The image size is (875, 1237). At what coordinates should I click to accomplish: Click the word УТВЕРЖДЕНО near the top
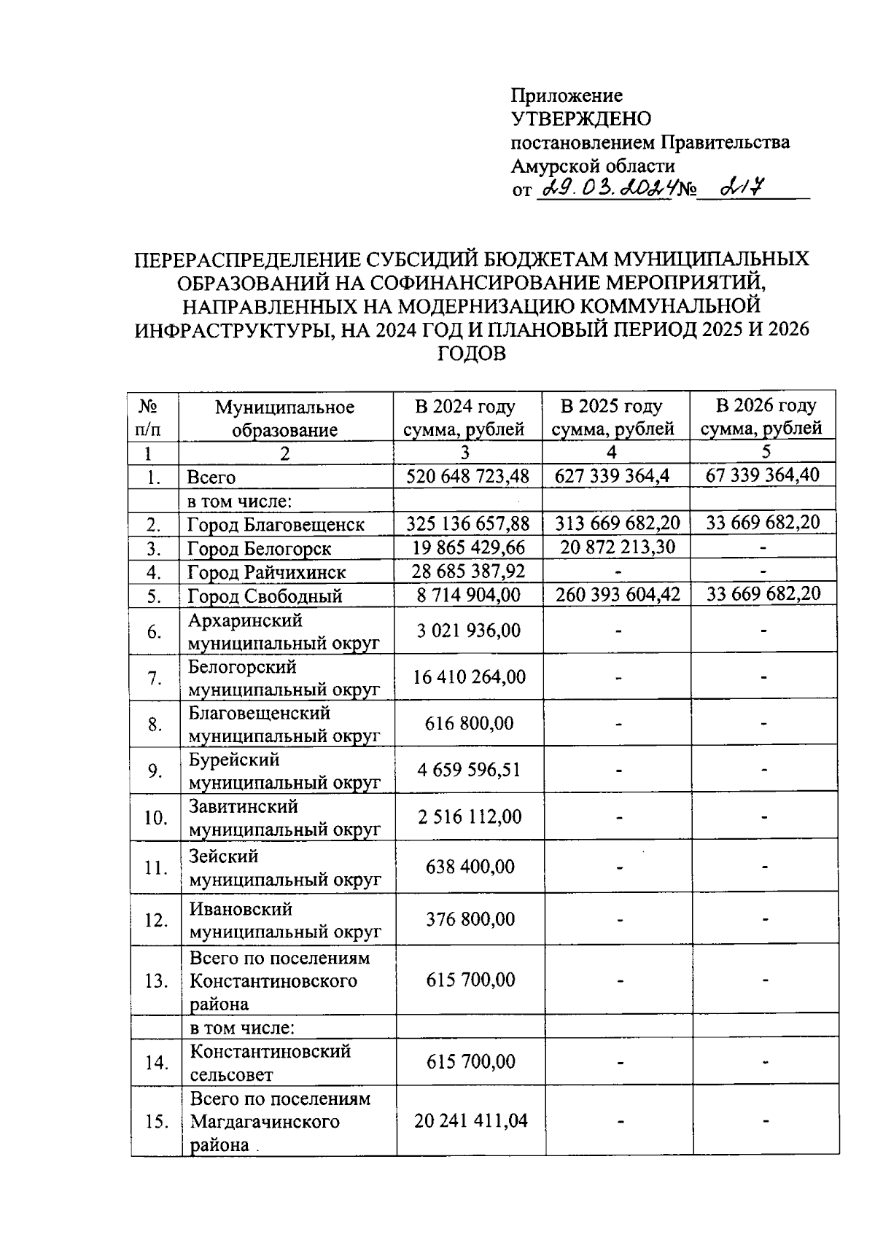tap(581, 118)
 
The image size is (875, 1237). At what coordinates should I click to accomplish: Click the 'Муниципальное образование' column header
tap(284, 418)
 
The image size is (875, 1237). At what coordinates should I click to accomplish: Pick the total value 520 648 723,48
tap(467, 476)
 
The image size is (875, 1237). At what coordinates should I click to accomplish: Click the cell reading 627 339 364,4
tap(612, 476)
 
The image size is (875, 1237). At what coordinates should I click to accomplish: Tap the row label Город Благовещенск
tap(276, 524)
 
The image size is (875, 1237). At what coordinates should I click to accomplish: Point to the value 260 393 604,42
tap(617, 594)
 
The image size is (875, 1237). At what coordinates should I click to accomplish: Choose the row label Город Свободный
tap(265, 596)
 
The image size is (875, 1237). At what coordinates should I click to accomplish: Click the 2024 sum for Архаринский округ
tap(469, 630)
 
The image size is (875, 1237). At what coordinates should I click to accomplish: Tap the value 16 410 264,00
tap(469, 676)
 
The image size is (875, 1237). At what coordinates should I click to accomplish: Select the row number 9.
tap(154, 770)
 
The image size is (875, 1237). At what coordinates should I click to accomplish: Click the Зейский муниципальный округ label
tap(285, 867)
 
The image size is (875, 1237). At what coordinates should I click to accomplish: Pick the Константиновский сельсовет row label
tap(271, 1062)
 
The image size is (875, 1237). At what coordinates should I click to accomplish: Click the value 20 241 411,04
tap(471, 1120)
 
